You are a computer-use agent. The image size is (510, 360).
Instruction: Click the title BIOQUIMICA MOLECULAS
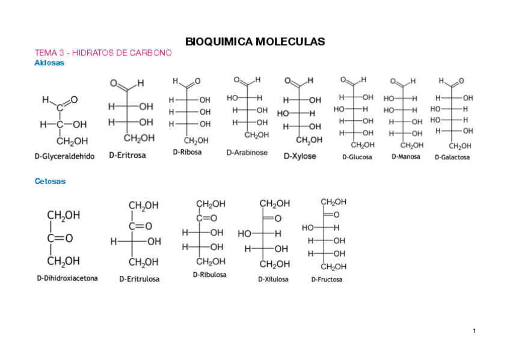tap(255, 42)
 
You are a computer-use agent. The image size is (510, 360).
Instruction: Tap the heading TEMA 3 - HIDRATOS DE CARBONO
tap(103, 53)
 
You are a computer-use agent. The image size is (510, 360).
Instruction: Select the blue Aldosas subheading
tap(49, 63)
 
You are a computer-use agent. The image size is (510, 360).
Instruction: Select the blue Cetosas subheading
tap(50, 180)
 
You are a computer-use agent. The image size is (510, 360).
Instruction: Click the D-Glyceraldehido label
tap(64, 156)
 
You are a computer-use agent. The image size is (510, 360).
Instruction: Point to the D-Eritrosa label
tap(127, 155)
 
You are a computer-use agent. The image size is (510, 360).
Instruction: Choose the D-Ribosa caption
tap(187, 152)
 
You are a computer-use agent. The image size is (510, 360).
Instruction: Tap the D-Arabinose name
tap(247, 153)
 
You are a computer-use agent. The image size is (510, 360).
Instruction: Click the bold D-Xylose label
tap(300, 156)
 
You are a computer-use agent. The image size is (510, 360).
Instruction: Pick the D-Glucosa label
tap(357, 157)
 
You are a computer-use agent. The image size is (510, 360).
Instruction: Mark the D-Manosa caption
tap(406, 156)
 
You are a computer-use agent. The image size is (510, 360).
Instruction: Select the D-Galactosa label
tap(452, 157)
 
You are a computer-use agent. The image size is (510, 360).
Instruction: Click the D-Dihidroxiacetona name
tap(67, 278)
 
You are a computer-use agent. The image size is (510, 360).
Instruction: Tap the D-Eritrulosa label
tap(140, 279)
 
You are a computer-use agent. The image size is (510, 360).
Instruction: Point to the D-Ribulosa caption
tap(210, 275)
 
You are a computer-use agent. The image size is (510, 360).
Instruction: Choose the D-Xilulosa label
tap(273, 279)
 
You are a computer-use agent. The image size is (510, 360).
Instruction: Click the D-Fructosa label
tap(327, 279)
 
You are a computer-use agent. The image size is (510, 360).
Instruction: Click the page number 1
tap(474, 331)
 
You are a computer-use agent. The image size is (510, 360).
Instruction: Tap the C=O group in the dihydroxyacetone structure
tap(60, 238)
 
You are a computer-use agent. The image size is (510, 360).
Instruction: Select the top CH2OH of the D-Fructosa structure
tap(333, 203)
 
